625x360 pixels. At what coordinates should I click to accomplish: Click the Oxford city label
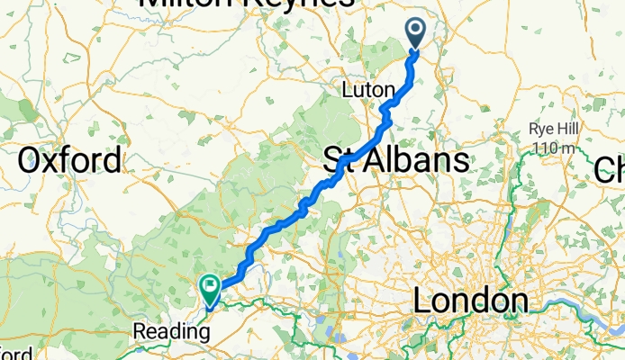(69, 161)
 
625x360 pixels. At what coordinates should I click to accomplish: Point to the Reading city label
(171, 330)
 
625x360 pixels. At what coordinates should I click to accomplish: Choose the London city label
(470, 301)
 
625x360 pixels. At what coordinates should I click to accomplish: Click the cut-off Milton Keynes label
(246, 4)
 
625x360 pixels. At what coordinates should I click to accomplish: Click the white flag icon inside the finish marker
(210, 287)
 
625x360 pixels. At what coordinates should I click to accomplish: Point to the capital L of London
(421, 301)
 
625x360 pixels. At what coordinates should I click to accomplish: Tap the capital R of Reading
(139, 330)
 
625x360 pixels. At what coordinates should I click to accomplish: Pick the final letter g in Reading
(204, 332)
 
